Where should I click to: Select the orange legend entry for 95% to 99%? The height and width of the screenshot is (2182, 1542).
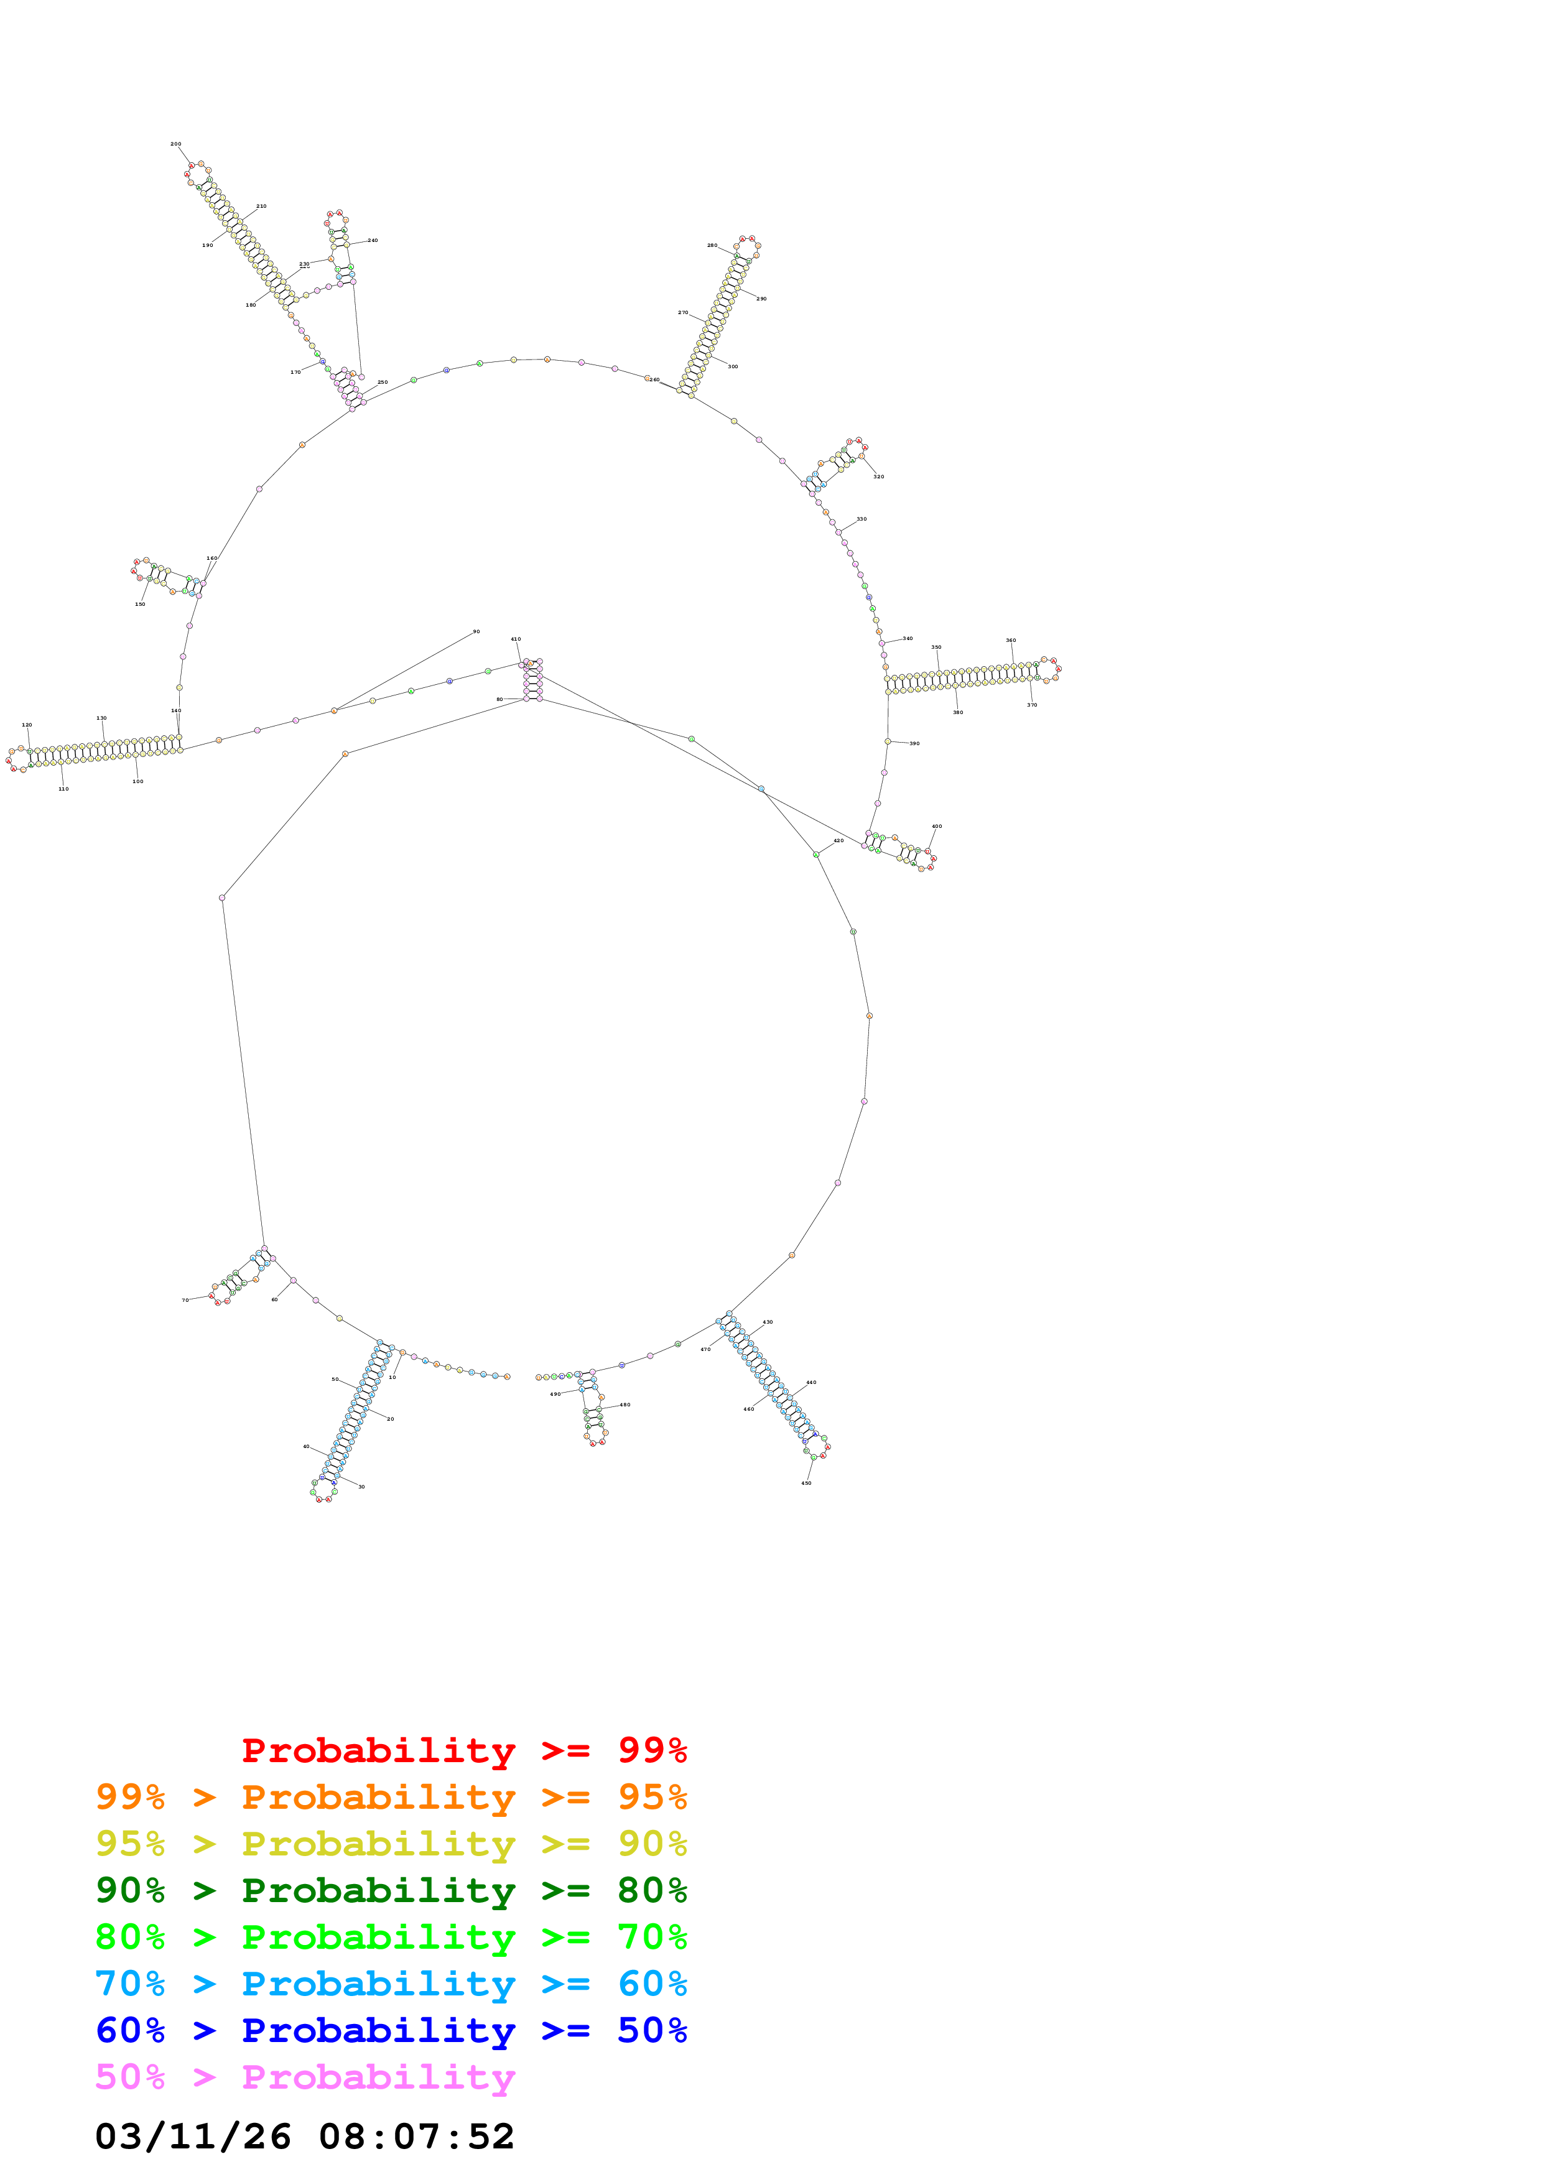pos(391,1797)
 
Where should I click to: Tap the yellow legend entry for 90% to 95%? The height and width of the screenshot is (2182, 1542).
pos(391,1844)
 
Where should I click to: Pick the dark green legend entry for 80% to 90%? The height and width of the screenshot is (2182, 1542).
pos(391,1890)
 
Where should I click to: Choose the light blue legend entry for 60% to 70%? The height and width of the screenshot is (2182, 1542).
pos(391,1984)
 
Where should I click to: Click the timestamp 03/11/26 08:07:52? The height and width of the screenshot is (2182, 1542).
pos(304,2137)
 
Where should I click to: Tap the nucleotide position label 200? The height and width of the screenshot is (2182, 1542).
pos(176,144)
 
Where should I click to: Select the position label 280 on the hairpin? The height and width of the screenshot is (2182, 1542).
pos(712,245)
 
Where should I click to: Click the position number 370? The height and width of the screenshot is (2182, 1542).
pos(1032,705)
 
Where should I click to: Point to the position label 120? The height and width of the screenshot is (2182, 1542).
pos(27,725)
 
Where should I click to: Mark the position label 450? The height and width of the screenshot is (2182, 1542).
pos(806,1483)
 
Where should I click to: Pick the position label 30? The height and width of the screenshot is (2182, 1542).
pos(361,1487)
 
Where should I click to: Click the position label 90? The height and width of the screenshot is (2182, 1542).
pos(476,632)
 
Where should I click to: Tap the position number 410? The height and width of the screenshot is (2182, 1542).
pos(516,639)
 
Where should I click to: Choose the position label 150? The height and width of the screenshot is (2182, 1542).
pos(140,605)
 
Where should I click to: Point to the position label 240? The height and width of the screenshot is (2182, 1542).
pos(373,241)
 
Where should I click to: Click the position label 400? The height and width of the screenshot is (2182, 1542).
pos(937,827)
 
